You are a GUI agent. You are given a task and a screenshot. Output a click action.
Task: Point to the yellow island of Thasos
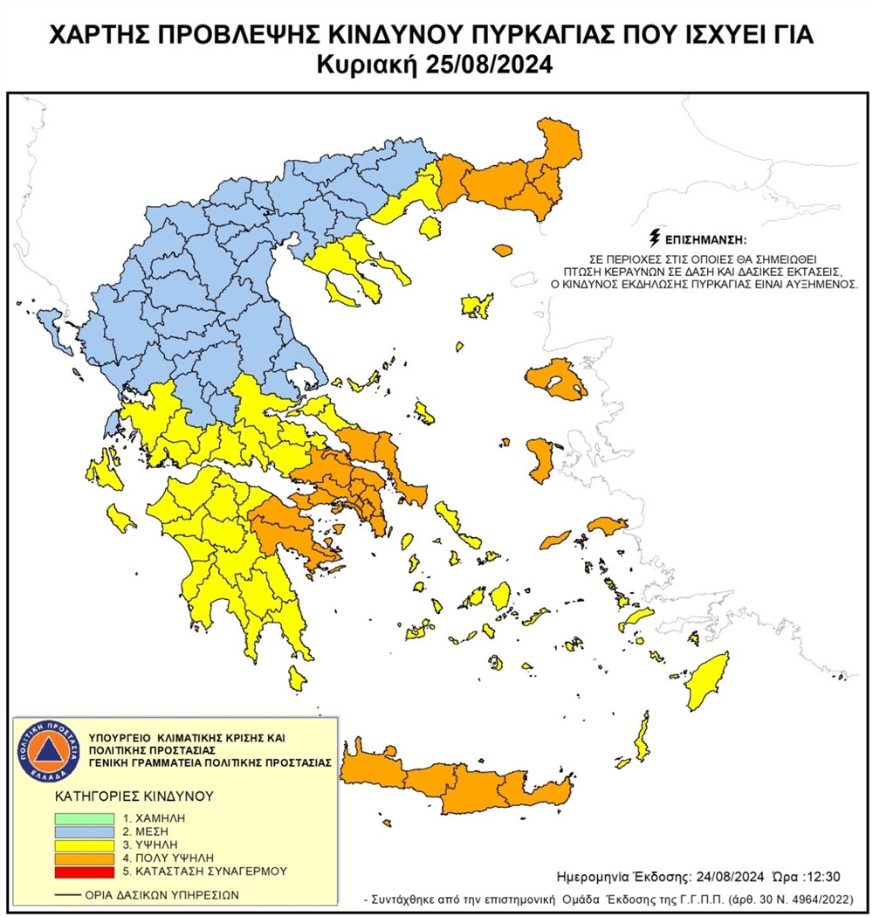click(429, 228)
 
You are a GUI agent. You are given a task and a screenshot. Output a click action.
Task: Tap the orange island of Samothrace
click(502, 251)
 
